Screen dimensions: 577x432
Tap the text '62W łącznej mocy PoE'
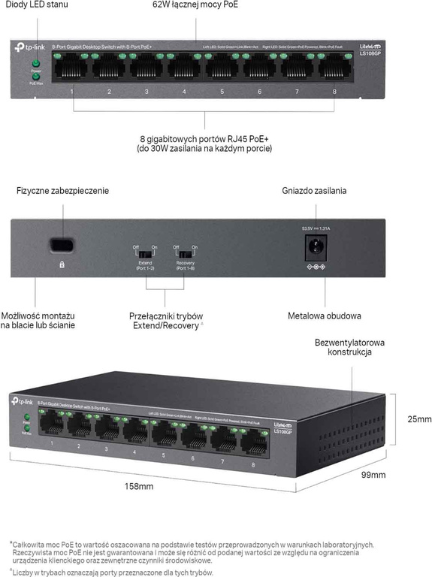click(x=195, y=6)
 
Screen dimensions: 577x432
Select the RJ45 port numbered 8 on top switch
click(x=335, y=68)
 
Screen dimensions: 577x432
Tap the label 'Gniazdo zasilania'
click(x=314, y=191)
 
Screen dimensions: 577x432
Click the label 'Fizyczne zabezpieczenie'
click(x=62, y=191)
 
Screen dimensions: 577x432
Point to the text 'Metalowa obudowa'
click(x=325, y=316)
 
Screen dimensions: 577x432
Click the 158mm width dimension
click(x=140, y=487)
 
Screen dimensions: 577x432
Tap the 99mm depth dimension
click(x=373, y=475)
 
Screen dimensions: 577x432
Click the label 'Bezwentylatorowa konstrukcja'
click(x=350, y=347)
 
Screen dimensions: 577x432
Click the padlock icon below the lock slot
click(x=62, y=264)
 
